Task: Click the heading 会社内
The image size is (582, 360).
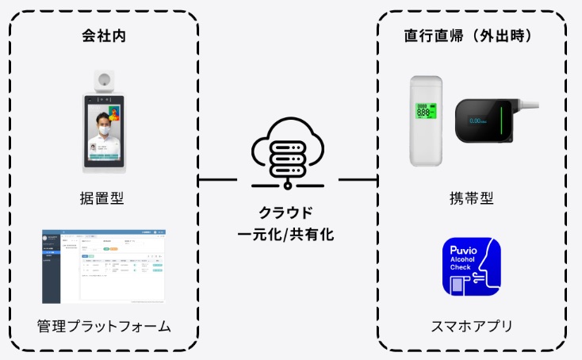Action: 105,36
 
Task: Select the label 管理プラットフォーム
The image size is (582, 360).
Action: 104,326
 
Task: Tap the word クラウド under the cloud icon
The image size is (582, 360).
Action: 285,213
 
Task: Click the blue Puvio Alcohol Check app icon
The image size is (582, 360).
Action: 472,266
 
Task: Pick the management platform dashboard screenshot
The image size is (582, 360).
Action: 104,266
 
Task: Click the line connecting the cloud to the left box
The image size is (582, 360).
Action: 217,179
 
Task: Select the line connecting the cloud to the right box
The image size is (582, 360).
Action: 358,179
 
